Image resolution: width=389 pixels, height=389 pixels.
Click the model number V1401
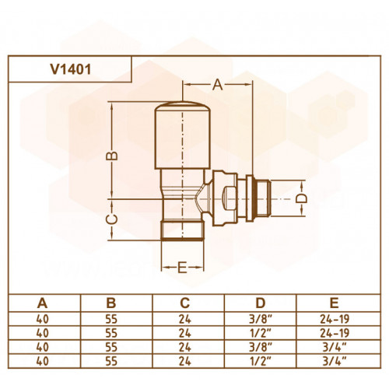71,69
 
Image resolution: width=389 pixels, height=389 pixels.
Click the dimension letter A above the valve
217,85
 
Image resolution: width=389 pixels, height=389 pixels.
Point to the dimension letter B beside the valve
112,156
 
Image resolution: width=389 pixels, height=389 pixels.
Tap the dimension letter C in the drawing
112,219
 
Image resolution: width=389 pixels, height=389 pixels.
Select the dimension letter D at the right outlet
302,198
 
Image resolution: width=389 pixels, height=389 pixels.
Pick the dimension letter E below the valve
182,268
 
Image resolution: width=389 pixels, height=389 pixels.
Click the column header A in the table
42,303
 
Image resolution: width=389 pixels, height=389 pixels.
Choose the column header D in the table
260,303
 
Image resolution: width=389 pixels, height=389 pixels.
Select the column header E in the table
335,303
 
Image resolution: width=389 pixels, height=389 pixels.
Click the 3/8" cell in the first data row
261,319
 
